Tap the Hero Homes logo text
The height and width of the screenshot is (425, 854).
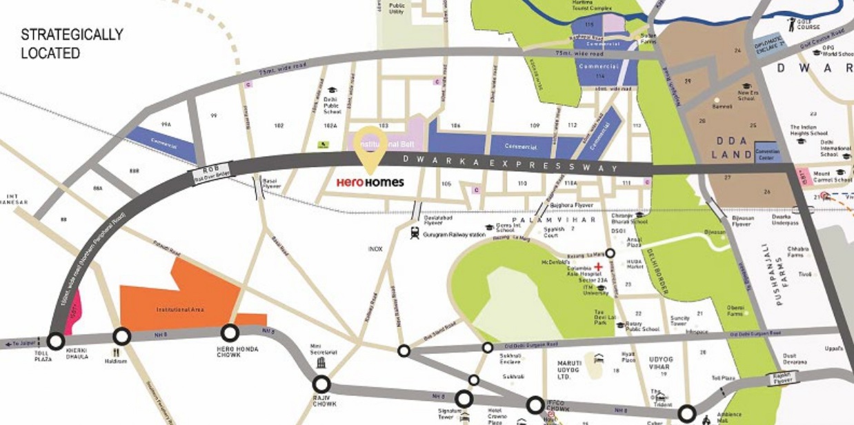coord(370,183)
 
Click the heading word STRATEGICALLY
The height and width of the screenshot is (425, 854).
coord(72,34)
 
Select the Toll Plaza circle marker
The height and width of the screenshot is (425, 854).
coord(56,341)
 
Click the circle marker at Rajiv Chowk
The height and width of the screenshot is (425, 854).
coord(321,384)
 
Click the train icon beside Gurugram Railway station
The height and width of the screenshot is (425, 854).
coord(415,233)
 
